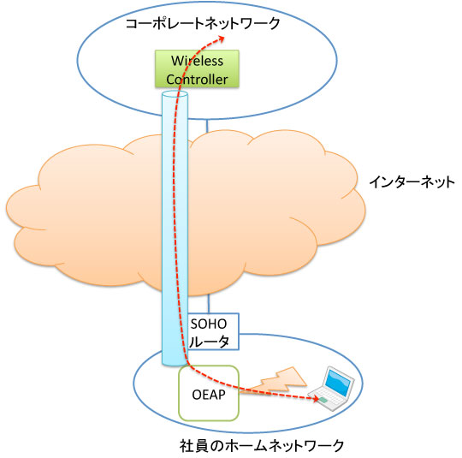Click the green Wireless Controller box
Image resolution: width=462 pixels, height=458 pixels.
[x=197, y=69]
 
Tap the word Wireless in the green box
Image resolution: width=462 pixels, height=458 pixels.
[x=197, y=61]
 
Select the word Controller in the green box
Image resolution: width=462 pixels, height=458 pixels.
[x=197, y=80]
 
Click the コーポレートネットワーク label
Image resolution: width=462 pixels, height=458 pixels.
[x=203, y=24]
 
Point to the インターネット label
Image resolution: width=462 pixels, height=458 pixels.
[x=412, y=182]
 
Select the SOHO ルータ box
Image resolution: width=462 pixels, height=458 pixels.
[x=213, y=331]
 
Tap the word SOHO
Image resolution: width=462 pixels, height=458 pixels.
[x=209, y=324]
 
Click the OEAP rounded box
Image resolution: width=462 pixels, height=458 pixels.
[x=209, y=393]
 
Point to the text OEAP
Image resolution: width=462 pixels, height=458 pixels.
[x=209, y=395]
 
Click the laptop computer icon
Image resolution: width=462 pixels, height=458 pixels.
[x=331, y=389]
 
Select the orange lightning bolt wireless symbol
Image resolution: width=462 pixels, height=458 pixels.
[x=274, y=381]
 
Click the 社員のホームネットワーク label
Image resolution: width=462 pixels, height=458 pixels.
[x=262, y=446]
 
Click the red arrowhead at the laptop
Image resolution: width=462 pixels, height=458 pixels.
[x=316, y=399]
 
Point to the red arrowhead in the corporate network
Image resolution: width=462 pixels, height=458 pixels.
[x=221, y=38]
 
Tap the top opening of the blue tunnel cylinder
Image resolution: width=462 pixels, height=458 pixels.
[x=175, y=95]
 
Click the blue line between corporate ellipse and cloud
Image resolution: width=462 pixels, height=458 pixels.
[x=207, y=126]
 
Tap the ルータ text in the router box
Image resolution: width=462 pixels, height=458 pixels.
[x=209, y=342]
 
